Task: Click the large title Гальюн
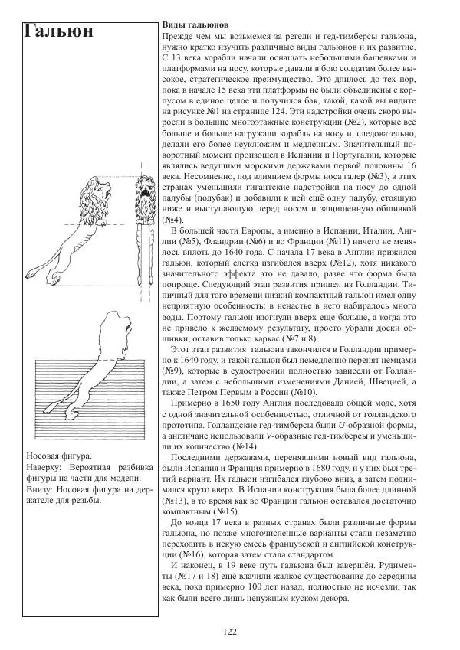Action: click(60, 33)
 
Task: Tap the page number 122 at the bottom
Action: click(230, 631)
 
